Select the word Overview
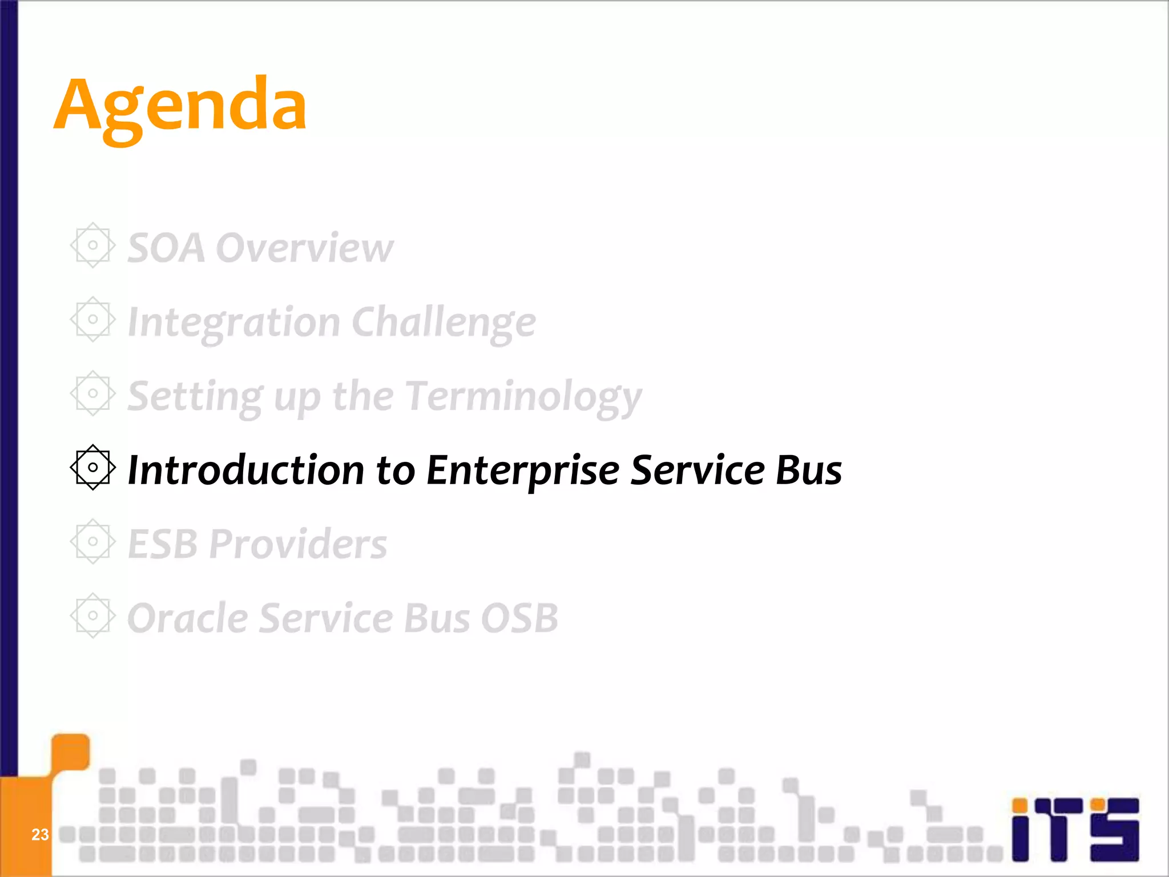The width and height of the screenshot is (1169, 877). coord(305,248)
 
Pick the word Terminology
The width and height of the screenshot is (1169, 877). coord(524,397)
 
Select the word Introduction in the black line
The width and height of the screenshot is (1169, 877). coord(245,470)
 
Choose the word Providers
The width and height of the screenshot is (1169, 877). coord(297,544)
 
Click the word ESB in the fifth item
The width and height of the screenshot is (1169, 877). coord(162,544)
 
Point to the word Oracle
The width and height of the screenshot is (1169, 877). coord(188,618)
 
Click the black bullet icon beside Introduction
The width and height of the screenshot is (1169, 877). coord(92,468)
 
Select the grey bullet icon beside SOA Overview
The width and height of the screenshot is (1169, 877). coord(92,246)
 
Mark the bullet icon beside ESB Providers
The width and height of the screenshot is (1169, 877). coord(92,541)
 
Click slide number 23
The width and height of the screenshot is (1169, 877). coord(40,835)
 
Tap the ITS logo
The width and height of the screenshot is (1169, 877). coord(1075,829)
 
